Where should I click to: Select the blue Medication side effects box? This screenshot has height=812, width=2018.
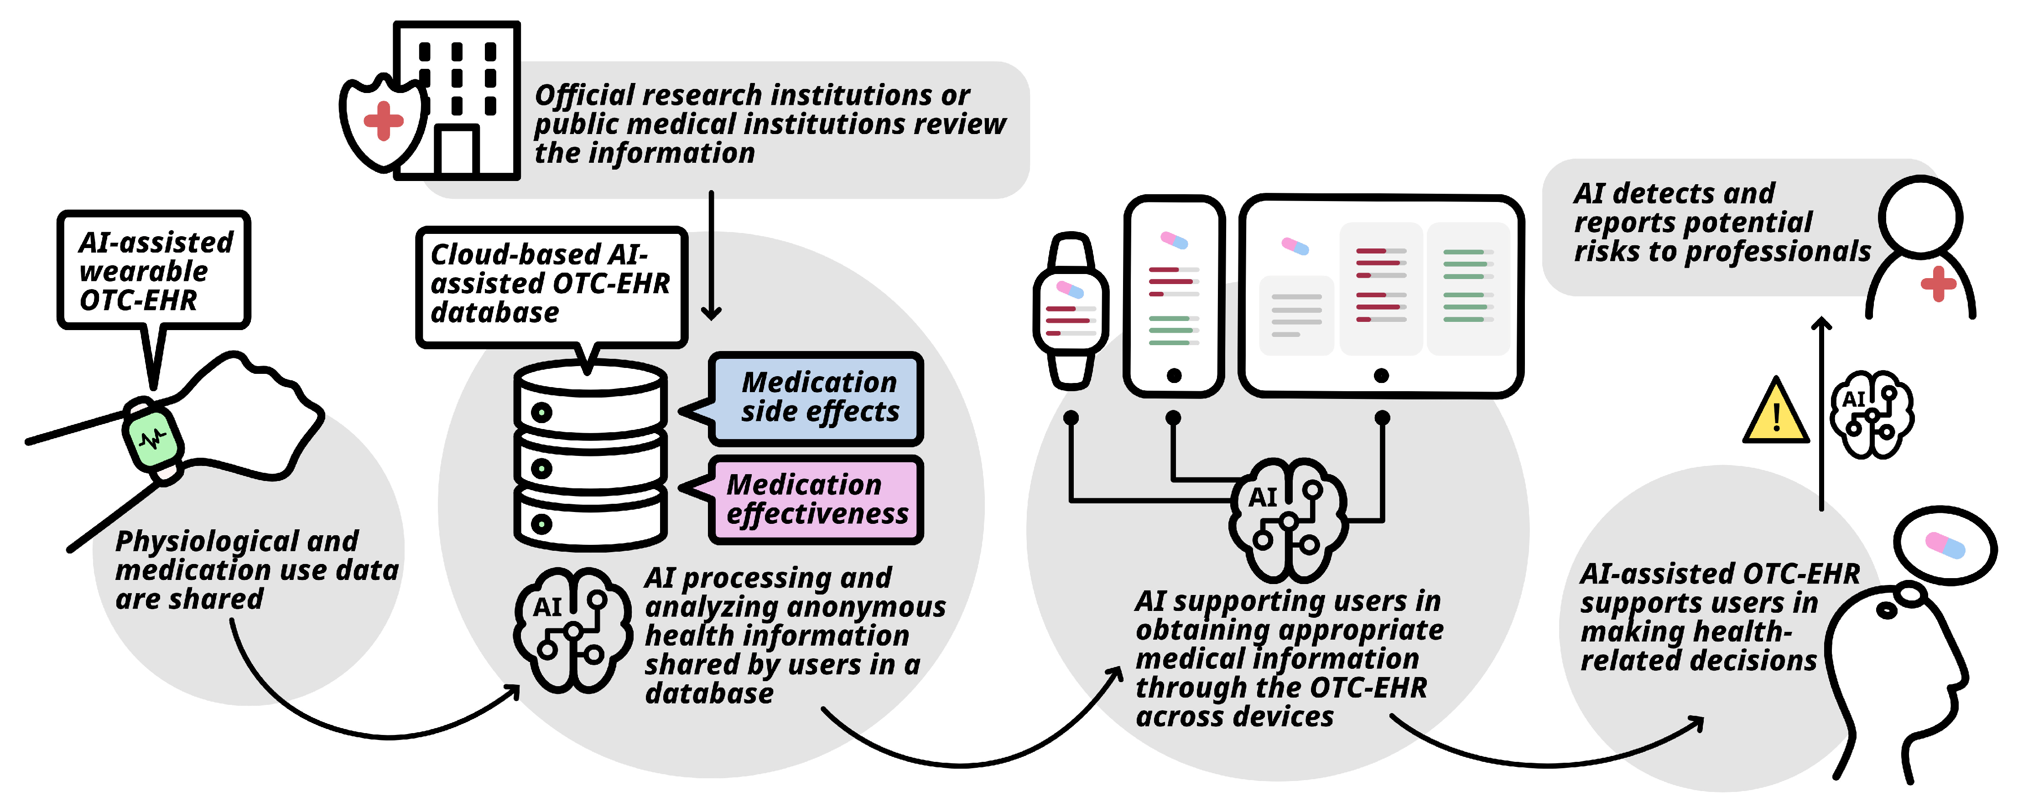(817, 398)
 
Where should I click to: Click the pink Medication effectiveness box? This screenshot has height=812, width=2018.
(817, 500)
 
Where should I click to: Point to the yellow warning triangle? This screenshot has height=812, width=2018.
(1776, 412)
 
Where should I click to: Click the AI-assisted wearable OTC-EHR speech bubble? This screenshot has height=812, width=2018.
(154, 270)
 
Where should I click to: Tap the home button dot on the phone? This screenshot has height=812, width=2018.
(1174, 376)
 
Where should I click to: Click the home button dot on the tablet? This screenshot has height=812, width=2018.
(1381, 376)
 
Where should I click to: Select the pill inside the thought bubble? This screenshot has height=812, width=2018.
(1945, 545)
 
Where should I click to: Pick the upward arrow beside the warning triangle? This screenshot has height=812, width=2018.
(1821, 414)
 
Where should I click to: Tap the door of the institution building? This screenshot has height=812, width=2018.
(457, 150)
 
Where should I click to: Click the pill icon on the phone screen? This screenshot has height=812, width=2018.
(1174, 240)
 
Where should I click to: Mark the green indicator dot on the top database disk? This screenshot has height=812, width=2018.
(541, 412)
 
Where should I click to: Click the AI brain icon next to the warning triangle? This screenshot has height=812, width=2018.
(1872, 414)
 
